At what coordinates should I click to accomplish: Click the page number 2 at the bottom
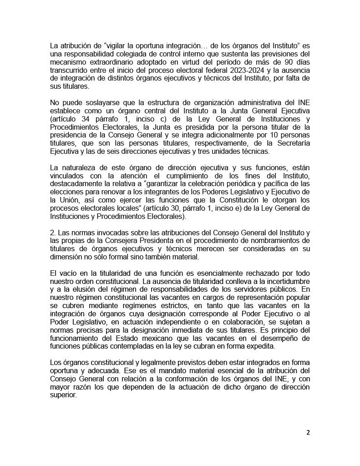coord(308,432)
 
